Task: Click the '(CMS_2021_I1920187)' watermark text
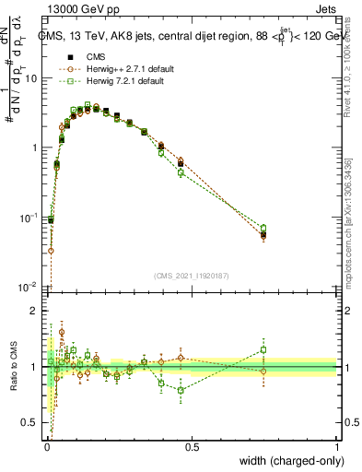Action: [192, 276]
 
